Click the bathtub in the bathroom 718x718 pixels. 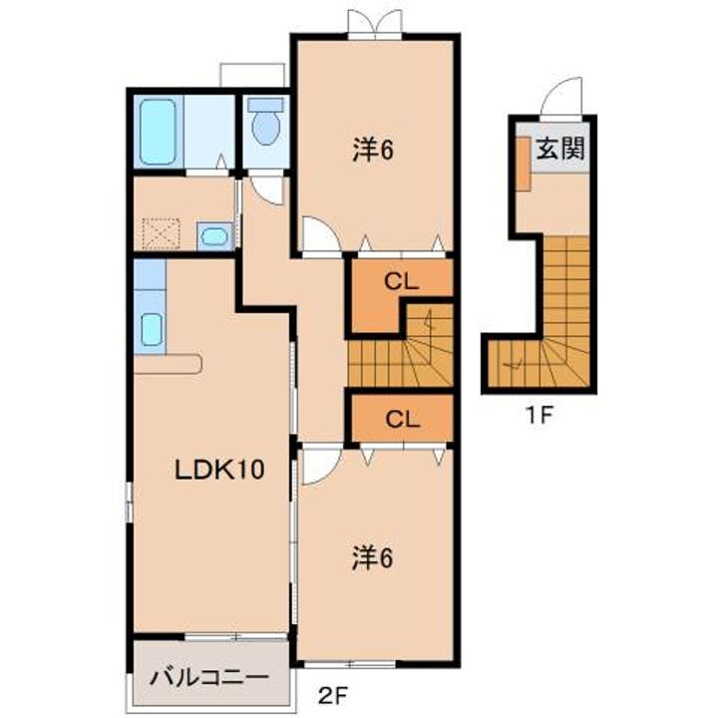(x=158, y=131)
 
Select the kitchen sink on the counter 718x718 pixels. (x=151, y=328)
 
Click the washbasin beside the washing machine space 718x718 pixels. (x=214, y=236)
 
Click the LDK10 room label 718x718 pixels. (x=219, y=469)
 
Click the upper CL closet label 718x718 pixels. (x=399, y=282)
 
